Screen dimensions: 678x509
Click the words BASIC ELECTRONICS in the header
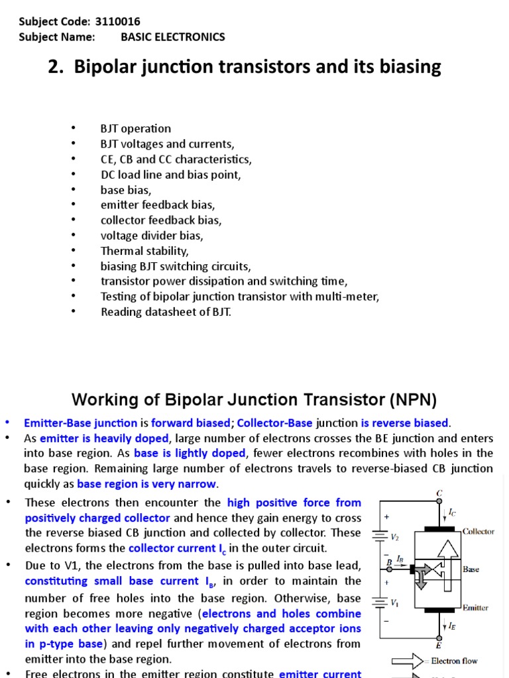[x=172, y=37]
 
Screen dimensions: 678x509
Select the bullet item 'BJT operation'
[x=135, y=128]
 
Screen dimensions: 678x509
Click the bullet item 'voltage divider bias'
[x=152, y=235]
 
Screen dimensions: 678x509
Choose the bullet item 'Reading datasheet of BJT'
[x=166, y=312]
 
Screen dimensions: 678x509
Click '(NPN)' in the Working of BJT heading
[x=414, y=400]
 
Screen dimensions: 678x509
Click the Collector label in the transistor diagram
[x=478, y=532]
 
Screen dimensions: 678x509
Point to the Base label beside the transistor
[x=471, y=569]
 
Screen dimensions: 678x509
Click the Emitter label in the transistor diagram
[x=475, y=608]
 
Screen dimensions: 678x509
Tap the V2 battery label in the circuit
[x=395, y=538]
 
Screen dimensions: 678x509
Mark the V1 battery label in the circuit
[x=395, y=603]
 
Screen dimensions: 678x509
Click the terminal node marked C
[x=439, y=493]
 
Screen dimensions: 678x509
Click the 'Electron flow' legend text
[x=454, y=661]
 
